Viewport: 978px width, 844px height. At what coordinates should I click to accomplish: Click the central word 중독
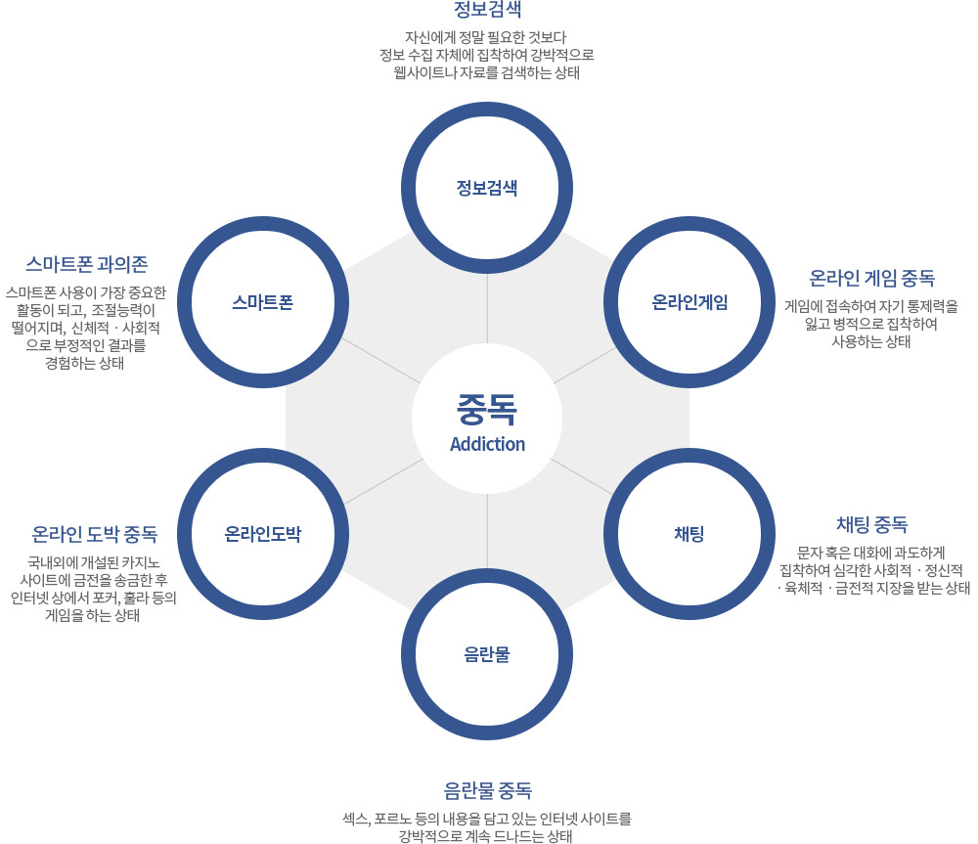[487, 407]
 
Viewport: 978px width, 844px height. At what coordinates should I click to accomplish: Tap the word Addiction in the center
[487, 444]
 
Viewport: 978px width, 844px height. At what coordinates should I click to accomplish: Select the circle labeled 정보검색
[487, 187]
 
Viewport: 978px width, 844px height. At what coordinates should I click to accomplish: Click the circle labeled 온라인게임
[689, 302]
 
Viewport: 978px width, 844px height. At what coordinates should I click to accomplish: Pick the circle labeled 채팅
[689, 534]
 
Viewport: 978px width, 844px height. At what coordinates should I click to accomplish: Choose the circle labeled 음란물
[487, 653]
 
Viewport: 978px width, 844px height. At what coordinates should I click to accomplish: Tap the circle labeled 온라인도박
[263, 534]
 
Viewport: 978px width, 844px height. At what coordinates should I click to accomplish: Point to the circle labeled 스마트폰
[263, 302]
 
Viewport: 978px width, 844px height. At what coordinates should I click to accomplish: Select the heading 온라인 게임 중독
[871, 278]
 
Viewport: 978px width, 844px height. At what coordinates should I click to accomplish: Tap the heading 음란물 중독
[487, 789]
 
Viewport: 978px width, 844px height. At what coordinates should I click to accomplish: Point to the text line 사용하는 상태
[871, 341]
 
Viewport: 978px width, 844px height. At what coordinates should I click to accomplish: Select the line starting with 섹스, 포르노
[487, 818]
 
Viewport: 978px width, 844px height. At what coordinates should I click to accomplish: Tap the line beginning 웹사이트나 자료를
[487, 72]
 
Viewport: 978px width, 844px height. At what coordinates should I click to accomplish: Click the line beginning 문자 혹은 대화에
[871, 551]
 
